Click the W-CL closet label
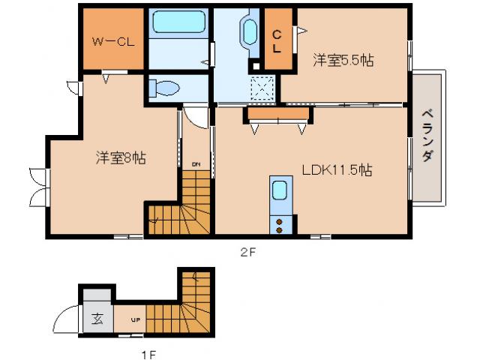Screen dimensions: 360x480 112,42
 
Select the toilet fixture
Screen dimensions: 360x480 164,88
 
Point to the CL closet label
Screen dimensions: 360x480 277,40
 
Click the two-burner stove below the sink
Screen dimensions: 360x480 280,225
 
